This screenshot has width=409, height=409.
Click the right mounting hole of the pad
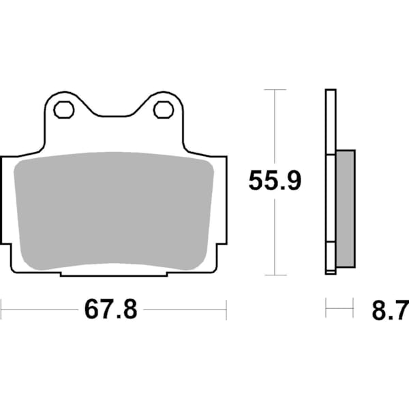click(162, 108)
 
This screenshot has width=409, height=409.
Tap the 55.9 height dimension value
click(274, 181)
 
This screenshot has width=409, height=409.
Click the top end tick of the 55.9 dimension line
click(274, 89)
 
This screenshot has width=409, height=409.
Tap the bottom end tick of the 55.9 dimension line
click(274, 275)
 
